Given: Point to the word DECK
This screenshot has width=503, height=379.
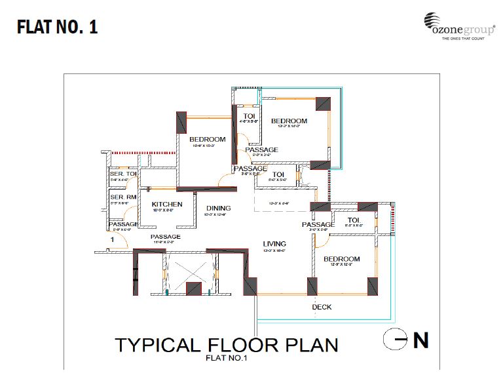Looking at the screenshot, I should click(x=321, y=307).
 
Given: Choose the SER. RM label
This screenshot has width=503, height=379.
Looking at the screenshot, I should click(x=122, y=197).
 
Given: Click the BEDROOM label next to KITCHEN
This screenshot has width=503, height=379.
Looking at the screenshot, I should click(x=208, y=139).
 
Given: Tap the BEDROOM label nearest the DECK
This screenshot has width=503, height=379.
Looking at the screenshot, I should click(x=341, y=259).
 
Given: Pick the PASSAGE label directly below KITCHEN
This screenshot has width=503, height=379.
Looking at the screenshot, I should click(x=165, y=237).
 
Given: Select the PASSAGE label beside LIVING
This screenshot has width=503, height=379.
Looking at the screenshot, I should click(x=318, y=224).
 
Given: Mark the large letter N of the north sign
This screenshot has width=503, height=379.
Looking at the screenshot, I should click(x=420, y=340).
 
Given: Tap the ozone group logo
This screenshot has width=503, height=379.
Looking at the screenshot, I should click(x=458, y=27).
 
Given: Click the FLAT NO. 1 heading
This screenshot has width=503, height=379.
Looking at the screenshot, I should click(x=57, y=28).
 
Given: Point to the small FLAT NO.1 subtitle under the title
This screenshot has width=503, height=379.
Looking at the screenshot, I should click(x=225, y=358).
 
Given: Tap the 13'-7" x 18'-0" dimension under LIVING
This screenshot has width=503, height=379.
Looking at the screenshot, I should click(x=273, y=250).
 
